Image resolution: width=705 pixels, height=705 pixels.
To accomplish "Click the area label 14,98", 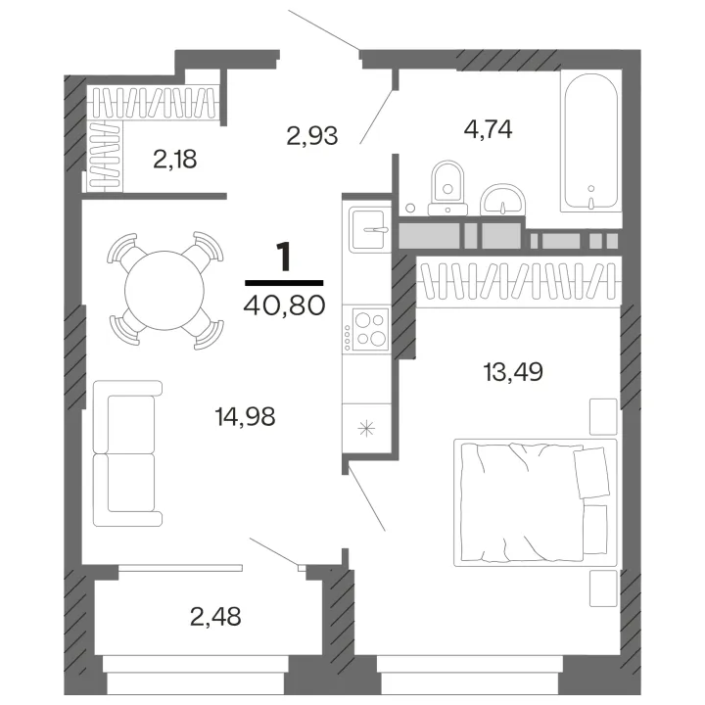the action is click(x=246, y=417).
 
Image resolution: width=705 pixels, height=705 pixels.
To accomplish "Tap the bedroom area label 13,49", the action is click(x=513, y=372).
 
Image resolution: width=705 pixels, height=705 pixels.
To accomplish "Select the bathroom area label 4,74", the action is click(x=489, y=129).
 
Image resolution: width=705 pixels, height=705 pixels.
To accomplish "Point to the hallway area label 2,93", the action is click(x=312, y=135).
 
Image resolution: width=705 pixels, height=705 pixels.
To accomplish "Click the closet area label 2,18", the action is click(x=175, y=160).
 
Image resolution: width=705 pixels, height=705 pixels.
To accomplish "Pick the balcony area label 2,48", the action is click(x=215, y=617).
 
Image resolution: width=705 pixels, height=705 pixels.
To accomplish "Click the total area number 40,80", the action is click(x=284, y=305).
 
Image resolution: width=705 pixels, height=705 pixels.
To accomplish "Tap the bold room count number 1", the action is click(x=284, y=257).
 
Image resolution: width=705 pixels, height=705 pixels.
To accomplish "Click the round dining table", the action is click(x=164, y=291).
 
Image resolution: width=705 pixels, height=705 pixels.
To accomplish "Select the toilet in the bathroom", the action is click(x=447, y=188).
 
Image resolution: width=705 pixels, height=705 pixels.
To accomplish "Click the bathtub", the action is click(x=590, y=141).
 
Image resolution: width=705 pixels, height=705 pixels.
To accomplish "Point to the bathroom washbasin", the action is click(x=502, y=200).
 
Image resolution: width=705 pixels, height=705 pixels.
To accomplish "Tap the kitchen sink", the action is click(x=369, y=229).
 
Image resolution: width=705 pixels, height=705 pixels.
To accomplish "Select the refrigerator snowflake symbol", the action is click(x=366, y=428).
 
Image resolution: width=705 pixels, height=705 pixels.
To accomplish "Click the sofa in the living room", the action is click(x=127, y=453).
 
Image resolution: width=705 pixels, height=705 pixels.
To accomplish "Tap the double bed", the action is click(x=535, y=502).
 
